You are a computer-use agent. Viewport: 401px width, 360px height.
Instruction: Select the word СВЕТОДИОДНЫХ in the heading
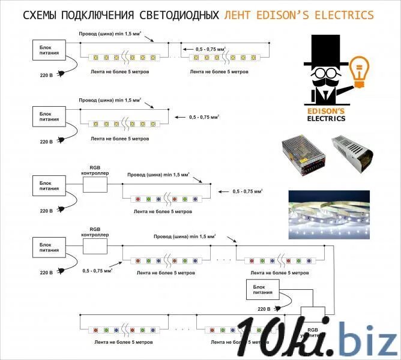(184, 15)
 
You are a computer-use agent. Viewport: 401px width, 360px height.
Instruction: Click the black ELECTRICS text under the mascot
(326, 118)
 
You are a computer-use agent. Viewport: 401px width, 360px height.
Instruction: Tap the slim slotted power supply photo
(352, 154)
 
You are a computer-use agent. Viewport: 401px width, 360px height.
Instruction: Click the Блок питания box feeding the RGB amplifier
(262, 291)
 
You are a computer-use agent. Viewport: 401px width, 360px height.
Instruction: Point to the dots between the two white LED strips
(175, 57)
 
